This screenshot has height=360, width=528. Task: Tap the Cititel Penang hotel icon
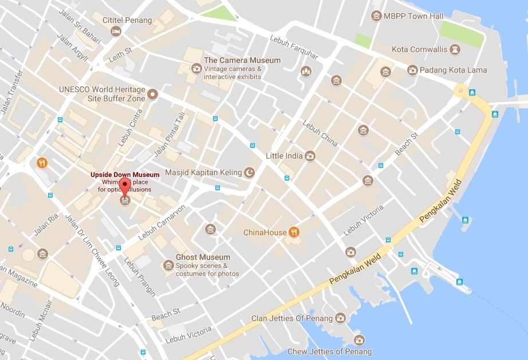pos(116,31)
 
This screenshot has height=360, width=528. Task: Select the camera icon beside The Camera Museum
pos(196,68)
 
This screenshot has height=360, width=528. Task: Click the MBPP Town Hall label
pos(414,16)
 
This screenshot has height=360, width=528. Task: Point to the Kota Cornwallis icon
pos(455,50)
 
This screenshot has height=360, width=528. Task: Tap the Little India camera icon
pos(310,156)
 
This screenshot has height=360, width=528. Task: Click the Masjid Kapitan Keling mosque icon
pos(249,172)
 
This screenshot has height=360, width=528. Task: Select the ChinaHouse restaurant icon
pos(294,232)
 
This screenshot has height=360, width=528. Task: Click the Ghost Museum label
pos(203,257)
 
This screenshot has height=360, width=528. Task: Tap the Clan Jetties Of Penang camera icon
pos(340,318)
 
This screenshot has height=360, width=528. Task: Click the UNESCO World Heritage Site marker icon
pos(152,94)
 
